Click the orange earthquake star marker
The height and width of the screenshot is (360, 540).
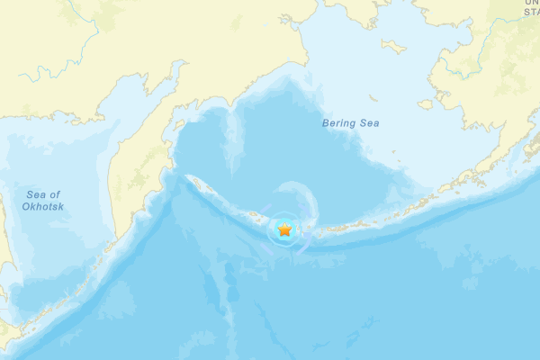[x=285, y=230]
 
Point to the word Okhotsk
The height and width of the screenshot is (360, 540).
[x=43, y=206]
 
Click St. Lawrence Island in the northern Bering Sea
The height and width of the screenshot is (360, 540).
[x=393, y=45]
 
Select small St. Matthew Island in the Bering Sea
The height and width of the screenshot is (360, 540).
[x=371, y=97]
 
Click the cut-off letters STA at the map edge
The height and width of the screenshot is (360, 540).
[x=532, y=12]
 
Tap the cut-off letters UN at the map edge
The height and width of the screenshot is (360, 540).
[x=532, y=2]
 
